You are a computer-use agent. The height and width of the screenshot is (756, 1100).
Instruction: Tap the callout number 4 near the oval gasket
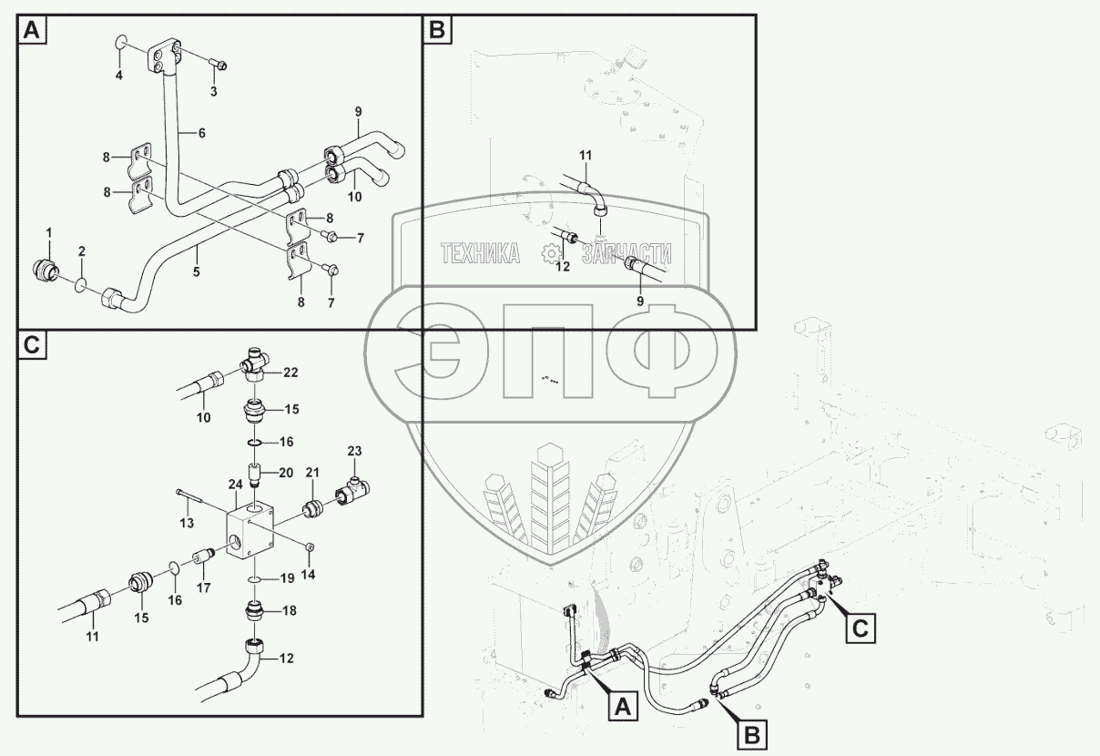118,76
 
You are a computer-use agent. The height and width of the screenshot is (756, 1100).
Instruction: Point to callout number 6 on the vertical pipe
201,133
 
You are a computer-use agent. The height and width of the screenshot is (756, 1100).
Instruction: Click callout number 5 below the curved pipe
196,271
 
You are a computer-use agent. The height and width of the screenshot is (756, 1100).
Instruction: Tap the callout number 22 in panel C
290,372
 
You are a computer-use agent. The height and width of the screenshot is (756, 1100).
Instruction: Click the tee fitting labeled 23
351,492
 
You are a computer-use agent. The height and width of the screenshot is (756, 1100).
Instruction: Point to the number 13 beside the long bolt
186,523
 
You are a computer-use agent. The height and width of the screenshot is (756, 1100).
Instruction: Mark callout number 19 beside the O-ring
286,577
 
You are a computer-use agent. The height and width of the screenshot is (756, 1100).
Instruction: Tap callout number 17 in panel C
204,587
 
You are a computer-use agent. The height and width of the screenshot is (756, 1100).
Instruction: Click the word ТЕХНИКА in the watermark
479,254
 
